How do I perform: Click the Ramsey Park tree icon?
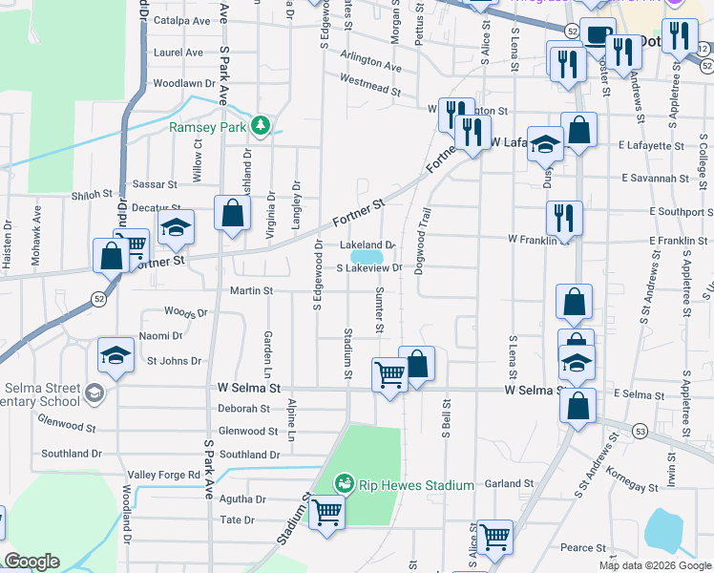click(260, 126)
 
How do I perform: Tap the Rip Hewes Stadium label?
click(416, 485)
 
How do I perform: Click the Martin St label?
click(251, 290)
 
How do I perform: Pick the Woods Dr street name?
click(185, 312)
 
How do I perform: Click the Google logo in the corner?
click(31, 562)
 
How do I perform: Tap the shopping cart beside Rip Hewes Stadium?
click(326, 513)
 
